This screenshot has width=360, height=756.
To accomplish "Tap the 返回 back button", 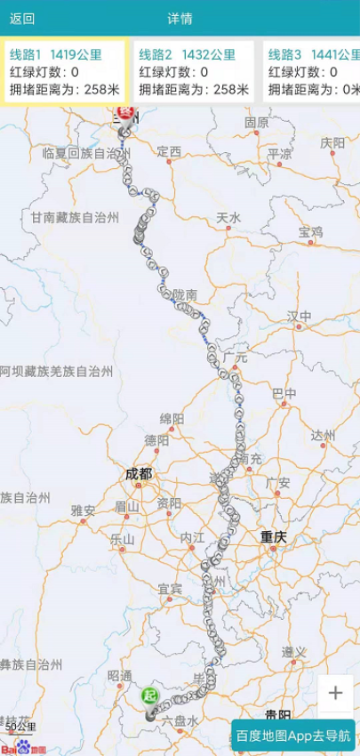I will [x=22, y=19].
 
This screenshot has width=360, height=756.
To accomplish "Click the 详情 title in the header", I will [x=180, y=19].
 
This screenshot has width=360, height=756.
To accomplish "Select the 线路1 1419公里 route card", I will [x=65, y=71].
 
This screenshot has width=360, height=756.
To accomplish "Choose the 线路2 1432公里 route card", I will [x=194, y=71].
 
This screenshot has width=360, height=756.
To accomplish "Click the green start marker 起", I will [x=150, y=695].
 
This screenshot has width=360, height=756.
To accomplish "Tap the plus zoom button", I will [x=335, y=694].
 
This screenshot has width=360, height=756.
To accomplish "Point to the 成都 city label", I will [x=140, y=474].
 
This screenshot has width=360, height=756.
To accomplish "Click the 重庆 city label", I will [x=274, y=536].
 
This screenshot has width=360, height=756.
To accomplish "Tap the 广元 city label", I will [x=235, y=358].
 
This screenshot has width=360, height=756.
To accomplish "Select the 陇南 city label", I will [x=185, y=294].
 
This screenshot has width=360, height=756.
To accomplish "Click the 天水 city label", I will [x=228, y=218].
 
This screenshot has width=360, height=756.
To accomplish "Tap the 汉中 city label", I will [x=300, y=316].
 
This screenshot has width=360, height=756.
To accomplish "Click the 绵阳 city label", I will [x=172, y=418].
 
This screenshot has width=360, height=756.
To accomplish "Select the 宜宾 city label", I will [x=170, y=589].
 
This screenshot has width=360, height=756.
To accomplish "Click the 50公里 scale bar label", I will [x=21, y=727].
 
